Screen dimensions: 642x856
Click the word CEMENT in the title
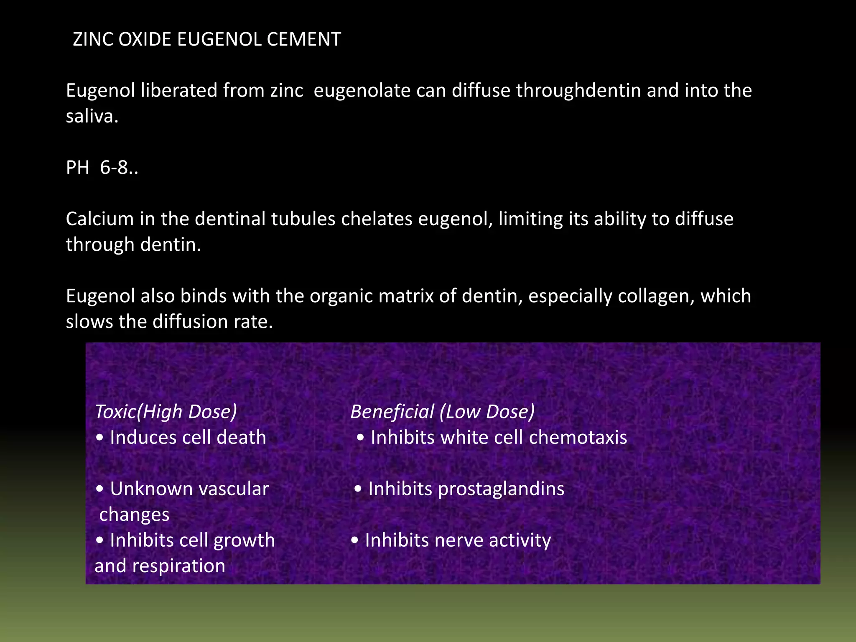pos(304,40)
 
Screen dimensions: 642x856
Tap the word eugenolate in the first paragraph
pos(362,91)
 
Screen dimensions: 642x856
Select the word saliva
pos(92,117)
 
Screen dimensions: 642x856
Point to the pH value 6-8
pos(119,168)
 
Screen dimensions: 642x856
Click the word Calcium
pos(99,219)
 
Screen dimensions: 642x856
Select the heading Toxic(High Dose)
pos(166,412)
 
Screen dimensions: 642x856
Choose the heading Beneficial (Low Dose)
pos(443,412)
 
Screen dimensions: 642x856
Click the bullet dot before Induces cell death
pos(99,438)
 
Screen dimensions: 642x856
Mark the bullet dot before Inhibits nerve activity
pos(355,541)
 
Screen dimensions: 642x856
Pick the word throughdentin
pos(578,91)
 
